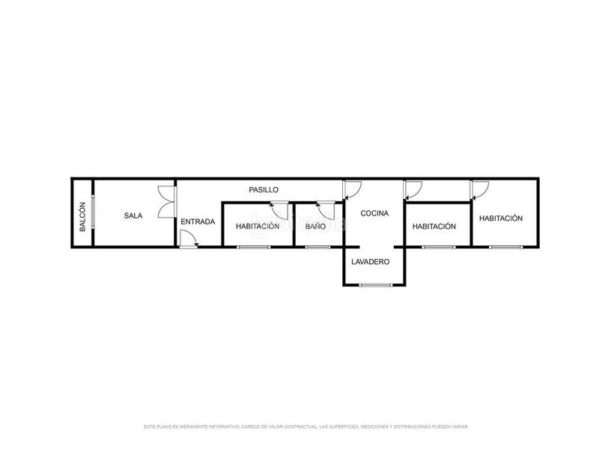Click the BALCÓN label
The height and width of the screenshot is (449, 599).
[x=82, y=216]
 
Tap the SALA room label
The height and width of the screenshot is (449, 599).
[x=133, y=216]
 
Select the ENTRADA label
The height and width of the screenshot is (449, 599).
[x=198, y=222]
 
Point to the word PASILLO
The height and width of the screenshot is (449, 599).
[x=264, y=190]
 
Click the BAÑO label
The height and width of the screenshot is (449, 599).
[x=315, y=226]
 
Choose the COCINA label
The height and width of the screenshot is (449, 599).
[x=374, y=213]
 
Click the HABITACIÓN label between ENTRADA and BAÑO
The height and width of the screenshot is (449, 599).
[x=258, y=226]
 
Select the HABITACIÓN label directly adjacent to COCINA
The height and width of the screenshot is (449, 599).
[x=434, y=226]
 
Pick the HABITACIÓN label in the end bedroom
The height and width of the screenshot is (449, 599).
[x=500, y=218]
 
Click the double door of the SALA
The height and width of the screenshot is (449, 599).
[x=165, y=202]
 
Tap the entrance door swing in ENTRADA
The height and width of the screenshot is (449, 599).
[x=189, y=239]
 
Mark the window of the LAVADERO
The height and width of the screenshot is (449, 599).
[x=374, y=285]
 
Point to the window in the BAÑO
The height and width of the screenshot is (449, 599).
[x=317, y=246]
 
